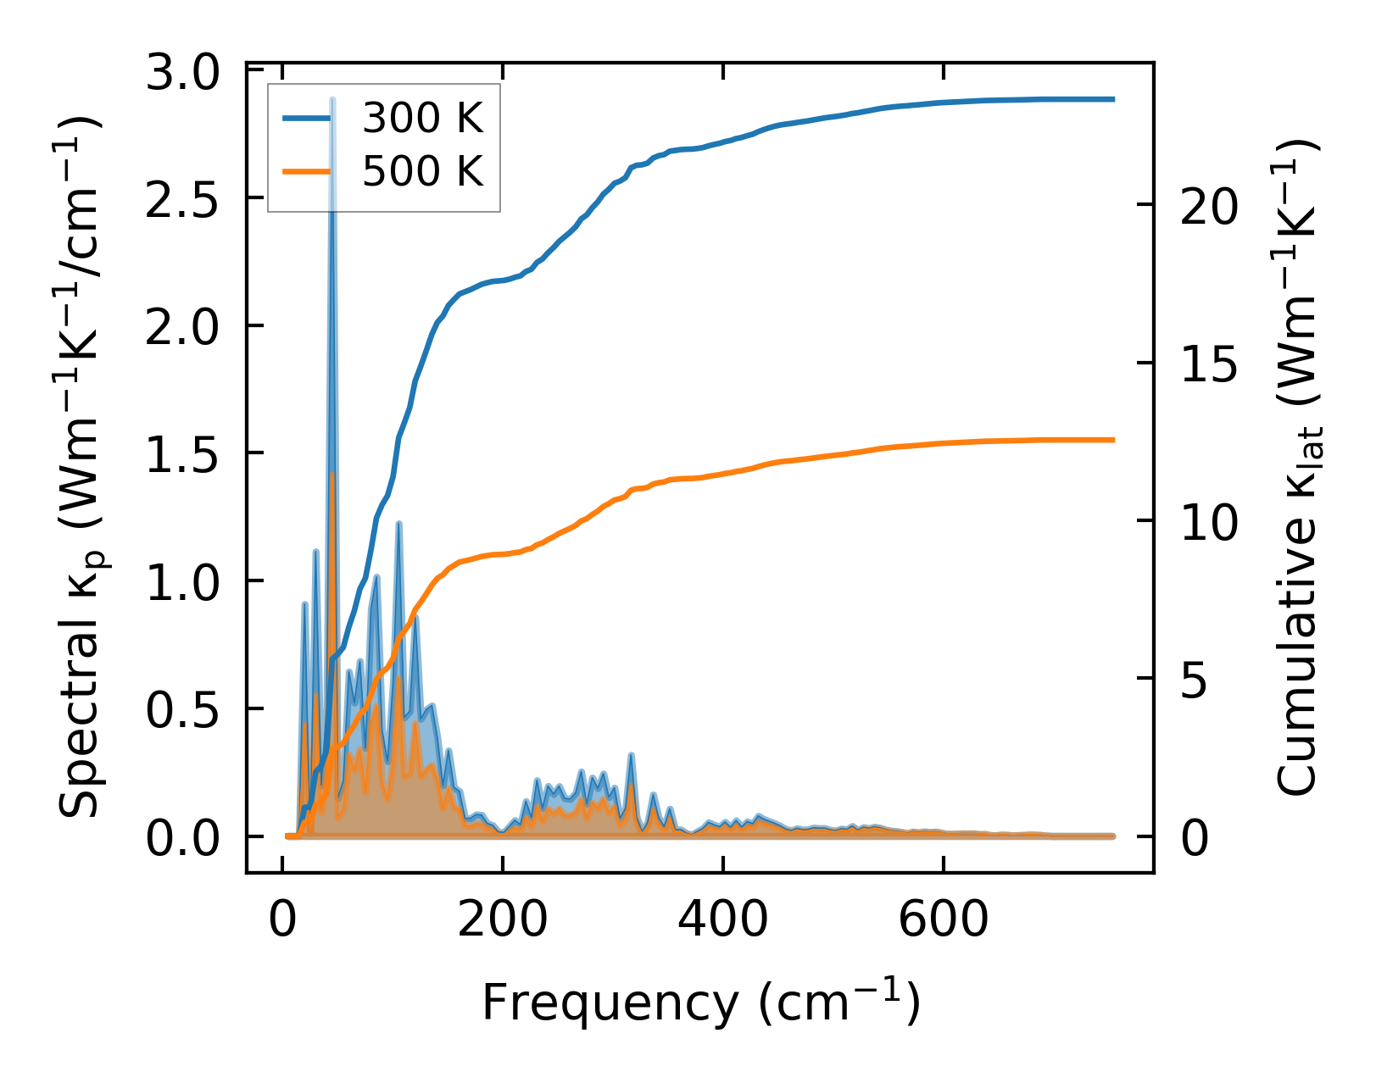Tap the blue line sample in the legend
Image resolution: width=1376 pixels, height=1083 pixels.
point(307,119)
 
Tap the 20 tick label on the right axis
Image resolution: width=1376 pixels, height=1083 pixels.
point(1209,206)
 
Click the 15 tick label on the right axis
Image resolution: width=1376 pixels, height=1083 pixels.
point(1209,364)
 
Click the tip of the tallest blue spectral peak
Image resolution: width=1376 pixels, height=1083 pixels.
point(333,100)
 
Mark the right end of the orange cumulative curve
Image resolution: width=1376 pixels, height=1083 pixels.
point(1113,440)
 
